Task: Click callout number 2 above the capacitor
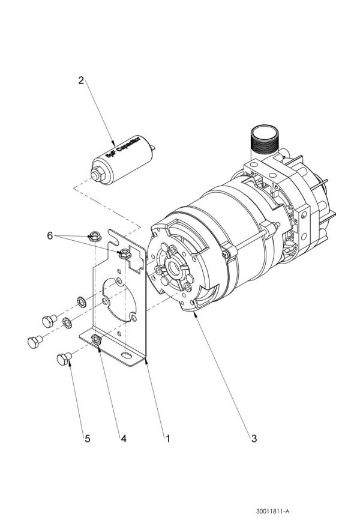coord(82,80)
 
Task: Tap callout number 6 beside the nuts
coord(50,236)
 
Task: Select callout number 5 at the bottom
coord(87,439)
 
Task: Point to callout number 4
coord(123,439)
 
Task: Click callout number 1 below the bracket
coord(168,439)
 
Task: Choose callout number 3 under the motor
coord(254,439)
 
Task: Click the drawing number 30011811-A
coord(272,511)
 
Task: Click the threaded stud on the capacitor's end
coord(95,175)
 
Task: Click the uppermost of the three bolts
coord(48,319)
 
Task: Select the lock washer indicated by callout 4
coord(95,341)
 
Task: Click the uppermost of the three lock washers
coord(82,300)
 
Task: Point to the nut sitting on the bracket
coord(124,253)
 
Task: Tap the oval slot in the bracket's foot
coord(126,356)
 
